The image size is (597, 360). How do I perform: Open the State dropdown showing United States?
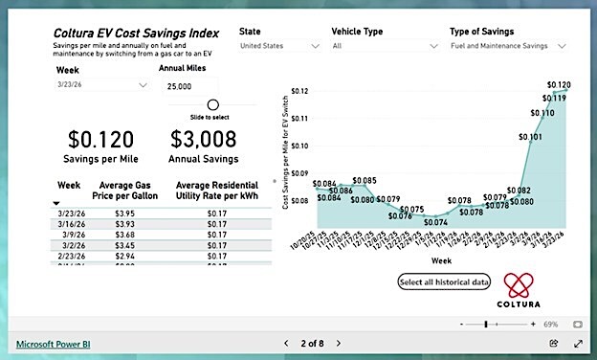[279, 45]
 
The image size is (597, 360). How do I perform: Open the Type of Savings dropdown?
[508, 45]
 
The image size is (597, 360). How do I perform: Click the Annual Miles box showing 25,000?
[188, 86]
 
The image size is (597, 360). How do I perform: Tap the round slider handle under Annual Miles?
[212, 104]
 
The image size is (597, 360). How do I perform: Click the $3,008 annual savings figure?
[203, 141]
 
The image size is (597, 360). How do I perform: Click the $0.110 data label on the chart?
[542, 113]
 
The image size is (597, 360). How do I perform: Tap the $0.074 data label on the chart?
[435, 222]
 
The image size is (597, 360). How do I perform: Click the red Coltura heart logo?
[522, 283]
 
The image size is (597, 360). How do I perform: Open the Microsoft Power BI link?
[53, 342]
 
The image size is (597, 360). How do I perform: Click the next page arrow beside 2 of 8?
[338, 342]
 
